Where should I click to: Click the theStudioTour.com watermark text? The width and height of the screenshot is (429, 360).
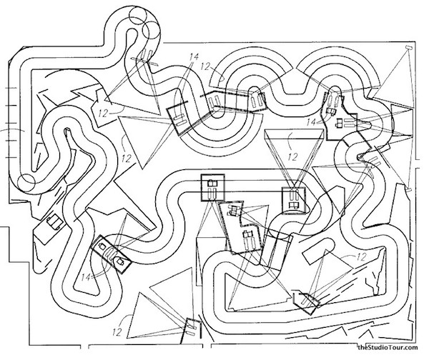click(x=388, y=347)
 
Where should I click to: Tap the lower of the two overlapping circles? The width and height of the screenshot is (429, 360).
click(x=150, y=30)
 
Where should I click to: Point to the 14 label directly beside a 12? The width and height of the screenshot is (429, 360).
click(x=194, y=57)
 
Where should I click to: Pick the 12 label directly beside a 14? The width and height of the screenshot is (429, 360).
click(x=205, y=66)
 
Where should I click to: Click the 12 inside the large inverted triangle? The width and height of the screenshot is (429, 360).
click(x=292, y=156)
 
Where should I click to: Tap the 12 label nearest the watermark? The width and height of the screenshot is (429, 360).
click(x=361, y=256)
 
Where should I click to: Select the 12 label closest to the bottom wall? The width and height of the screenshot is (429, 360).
click(x=117, y=332)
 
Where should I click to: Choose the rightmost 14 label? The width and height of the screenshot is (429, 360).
click(x=311, y=122)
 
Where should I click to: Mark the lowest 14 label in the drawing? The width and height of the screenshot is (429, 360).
click(x=86, y=277)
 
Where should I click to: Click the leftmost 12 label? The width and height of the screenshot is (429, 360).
click(x=103, y=113)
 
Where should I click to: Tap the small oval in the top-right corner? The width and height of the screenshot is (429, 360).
click(x=409, y=48)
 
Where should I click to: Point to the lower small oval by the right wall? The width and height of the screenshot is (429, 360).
click(x=409, y=189)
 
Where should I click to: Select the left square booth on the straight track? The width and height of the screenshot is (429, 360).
click(x=212, y=188)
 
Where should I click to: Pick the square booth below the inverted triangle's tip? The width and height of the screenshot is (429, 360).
click(x=294, y=200)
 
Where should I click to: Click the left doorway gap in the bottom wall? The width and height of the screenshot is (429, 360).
click(x=84, y=346)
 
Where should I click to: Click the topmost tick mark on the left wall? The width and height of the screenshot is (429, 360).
click(x=11, y=88)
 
